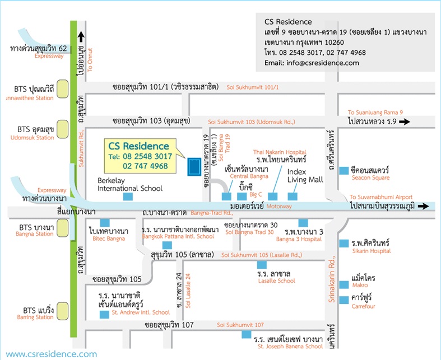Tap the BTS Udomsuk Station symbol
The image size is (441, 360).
point(63,129)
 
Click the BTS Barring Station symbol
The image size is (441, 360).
point(63,310)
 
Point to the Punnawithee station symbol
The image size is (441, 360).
point(63,88)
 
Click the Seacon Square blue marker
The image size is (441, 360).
point(342,171)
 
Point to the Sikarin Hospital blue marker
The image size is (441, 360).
point(342,243)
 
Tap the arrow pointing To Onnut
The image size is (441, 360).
point(81,37)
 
